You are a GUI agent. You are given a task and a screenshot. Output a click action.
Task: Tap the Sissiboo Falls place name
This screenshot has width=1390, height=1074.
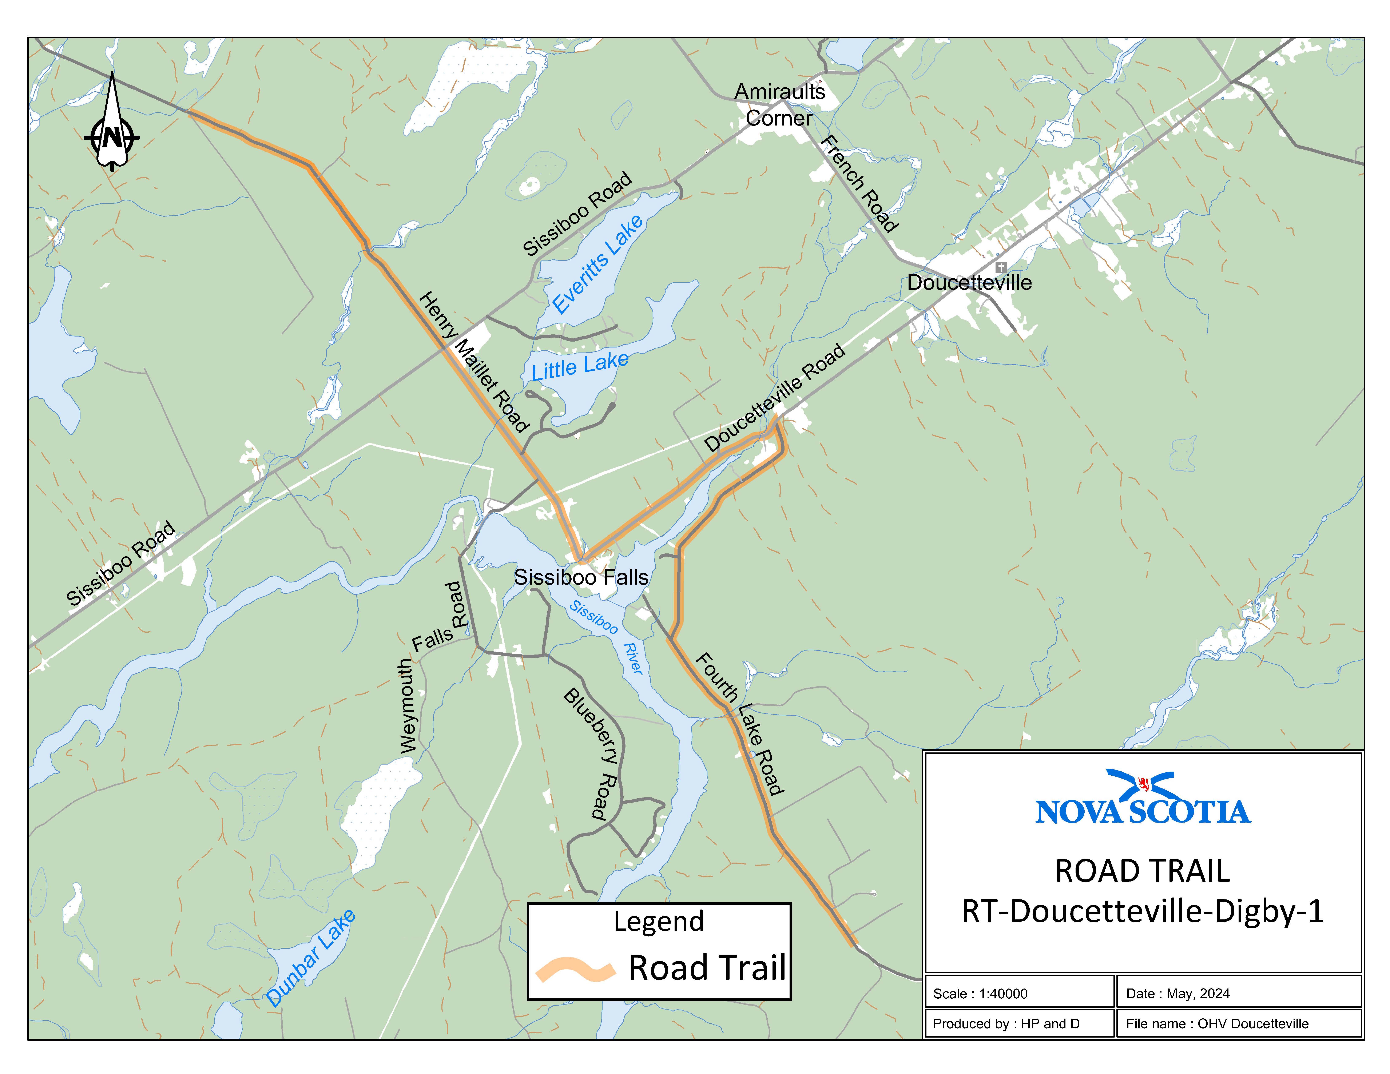[x=581, y=577]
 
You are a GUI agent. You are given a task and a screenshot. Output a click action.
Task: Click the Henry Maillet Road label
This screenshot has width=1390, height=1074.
[x=474, y=361]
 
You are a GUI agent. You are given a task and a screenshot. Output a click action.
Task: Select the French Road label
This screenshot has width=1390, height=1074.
[x=859, y=183]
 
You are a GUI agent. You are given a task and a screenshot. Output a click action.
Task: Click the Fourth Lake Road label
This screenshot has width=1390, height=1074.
[x=740, y=723]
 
